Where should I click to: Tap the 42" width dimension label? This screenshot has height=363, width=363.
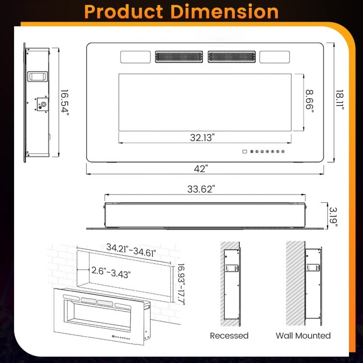(x=202, y=169)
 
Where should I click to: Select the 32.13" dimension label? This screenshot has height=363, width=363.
(x=202, y=137)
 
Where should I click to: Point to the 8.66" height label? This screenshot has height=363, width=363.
(x=309, y=101)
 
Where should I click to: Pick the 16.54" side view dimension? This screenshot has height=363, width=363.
(x=65, y=102)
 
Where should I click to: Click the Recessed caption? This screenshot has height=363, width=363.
(x=229, y=335)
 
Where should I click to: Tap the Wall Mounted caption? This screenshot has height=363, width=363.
(x=303, y=335)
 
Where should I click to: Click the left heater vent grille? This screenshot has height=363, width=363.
(x=180, y=57)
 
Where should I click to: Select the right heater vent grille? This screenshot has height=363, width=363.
(x=231, y=57)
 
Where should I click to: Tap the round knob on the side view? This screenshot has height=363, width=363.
(x=44, y=104)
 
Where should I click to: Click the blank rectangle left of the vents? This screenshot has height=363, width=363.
(x=135, y=57)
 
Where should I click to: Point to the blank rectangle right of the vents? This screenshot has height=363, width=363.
(x=274, y=57)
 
